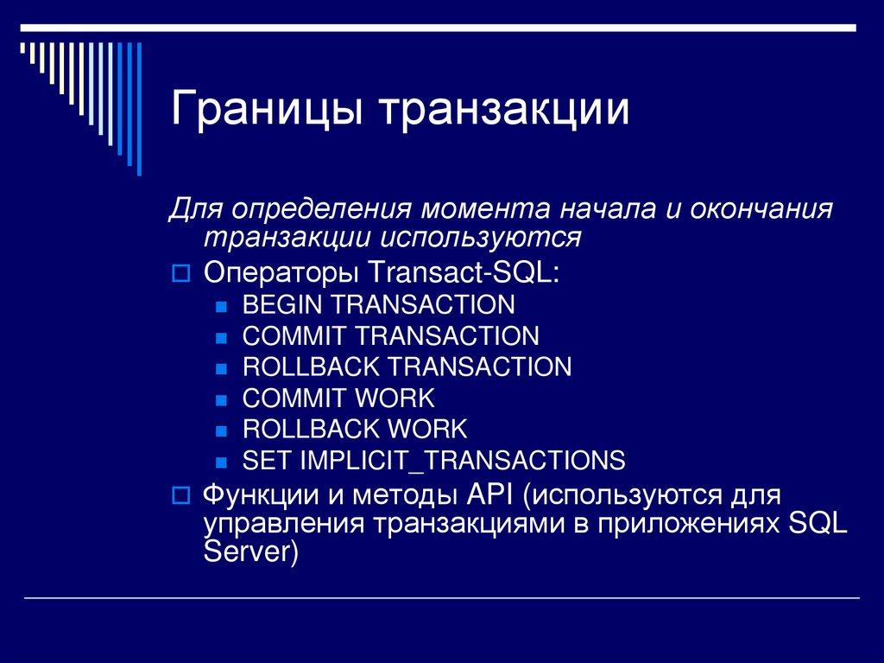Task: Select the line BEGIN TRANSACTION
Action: click(x=378, y=304)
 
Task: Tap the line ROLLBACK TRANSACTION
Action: click(x=407, y=367)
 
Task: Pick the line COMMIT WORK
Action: click(x=338, y=398)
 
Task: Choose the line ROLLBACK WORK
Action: click(x=354, y=429)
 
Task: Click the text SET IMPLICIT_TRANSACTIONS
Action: click(x=433, y=460)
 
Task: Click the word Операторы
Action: click(x=281, y=273)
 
